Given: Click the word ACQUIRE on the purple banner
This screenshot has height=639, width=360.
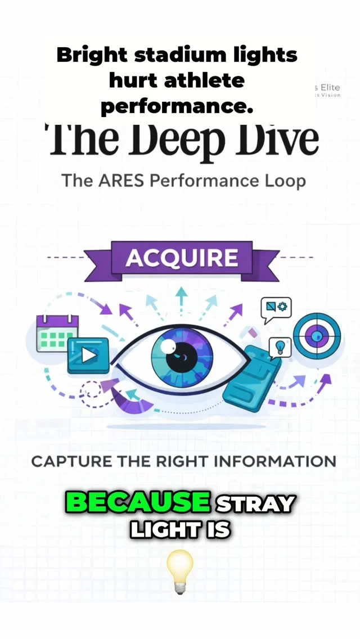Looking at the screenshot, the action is pyautogui.click(x=182, y=258).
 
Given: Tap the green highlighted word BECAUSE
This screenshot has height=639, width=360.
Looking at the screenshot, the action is pyautogui.click(x=138, y=502).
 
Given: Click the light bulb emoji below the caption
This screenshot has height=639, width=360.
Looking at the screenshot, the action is pyautogui.click(x=180, y=571).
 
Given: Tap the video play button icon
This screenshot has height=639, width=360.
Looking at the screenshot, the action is pyautogui.click(x=88, y=355).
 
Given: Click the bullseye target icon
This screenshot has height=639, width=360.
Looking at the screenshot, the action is pyautogui.click(x=317, y=336).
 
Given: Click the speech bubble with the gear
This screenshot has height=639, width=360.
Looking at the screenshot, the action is pyautogui.click(x=276, y=308).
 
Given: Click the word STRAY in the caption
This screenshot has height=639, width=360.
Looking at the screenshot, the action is pyautogui.click(x=255, y=503).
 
